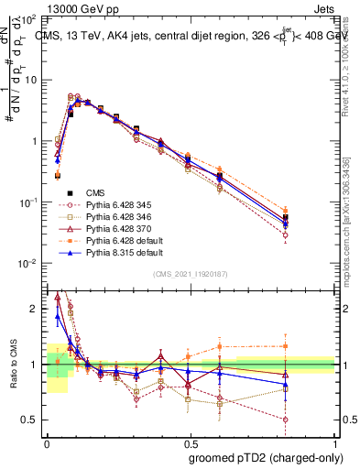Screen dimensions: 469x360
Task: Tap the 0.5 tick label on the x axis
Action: point(191,442)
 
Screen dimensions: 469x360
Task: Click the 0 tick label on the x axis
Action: point(47,442)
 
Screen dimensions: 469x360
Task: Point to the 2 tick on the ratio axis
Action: point(37,310)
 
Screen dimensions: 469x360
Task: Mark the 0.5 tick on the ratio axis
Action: point(33,420)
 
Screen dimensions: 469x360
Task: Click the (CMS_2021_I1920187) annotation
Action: point(191,273)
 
